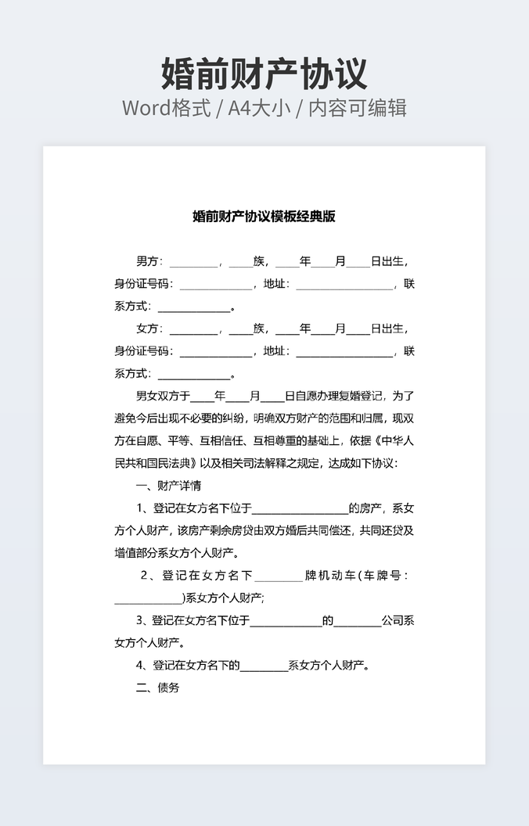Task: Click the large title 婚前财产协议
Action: (x=264, y=73)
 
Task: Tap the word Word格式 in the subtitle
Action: (x=167, y=108)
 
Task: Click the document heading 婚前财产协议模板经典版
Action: (x=264, y=217)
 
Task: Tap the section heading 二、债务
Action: (x=157, y=688)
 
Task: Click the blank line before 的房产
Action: (x=300, y=508)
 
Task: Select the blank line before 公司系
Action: (x=358, y=621)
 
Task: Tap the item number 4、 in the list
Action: (x=142, y=666)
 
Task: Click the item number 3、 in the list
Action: (x=142, y=621)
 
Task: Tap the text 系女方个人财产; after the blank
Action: (x=225, y=598)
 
